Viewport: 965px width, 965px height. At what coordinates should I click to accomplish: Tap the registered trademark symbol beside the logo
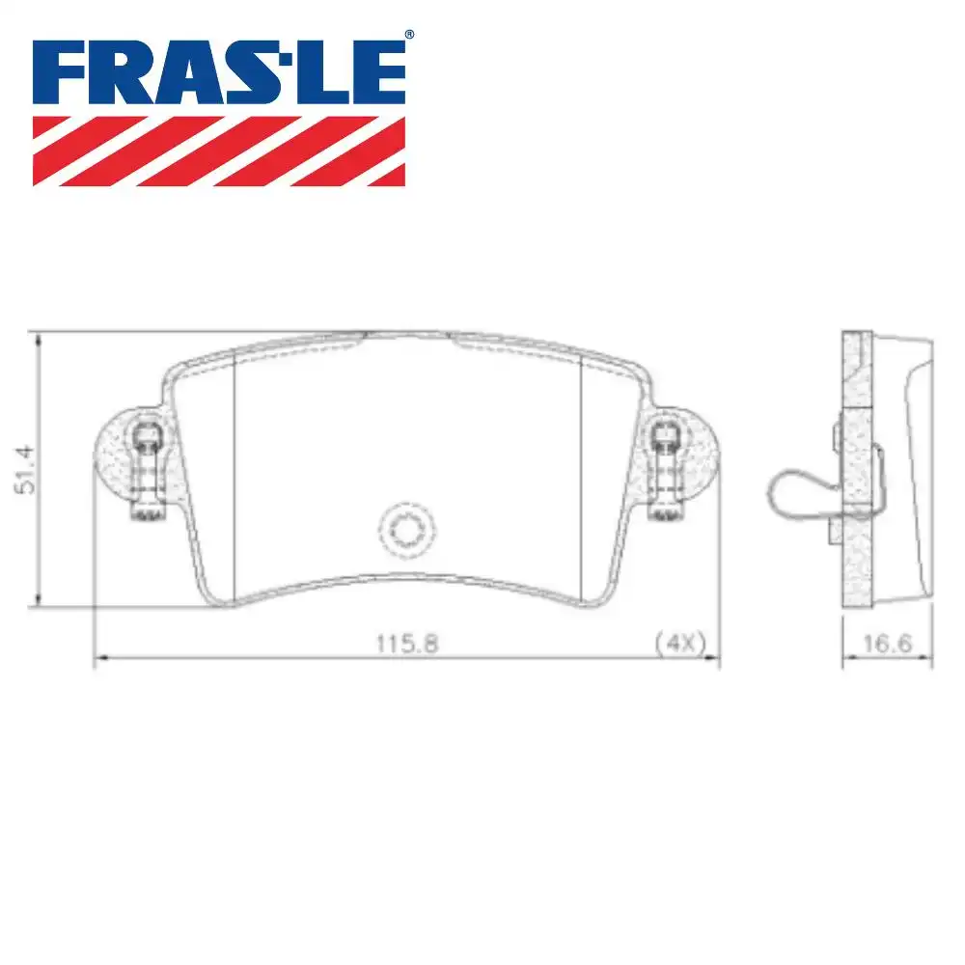tap(409, 36)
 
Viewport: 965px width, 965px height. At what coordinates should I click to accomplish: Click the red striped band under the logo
tap(219, 151)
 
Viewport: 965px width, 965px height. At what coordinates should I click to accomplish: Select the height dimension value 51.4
tap(29, 470)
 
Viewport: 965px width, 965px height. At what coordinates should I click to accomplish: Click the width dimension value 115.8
tap(406, 643)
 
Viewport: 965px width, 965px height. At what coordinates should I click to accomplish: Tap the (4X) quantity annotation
tap(680, 643)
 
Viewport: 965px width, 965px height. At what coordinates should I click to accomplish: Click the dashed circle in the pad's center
tap(405, 529)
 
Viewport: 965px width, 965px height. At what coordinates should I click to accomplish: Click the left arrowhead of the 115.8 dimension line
tap(97, 659)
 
